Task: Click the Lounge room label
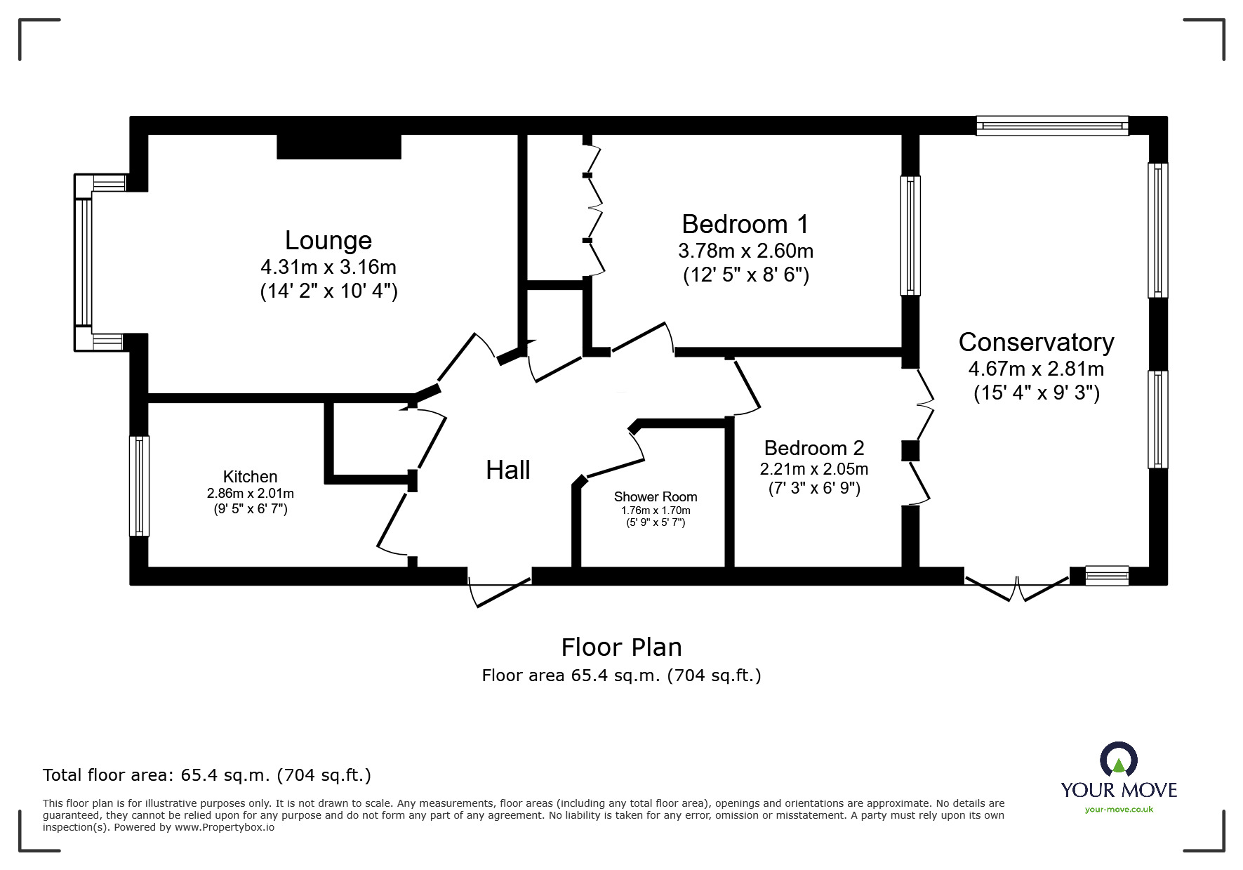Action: pyautogui.click(x=328, y=241)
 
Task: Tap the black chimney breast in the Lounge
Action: pyautogui.click(x=338, y=146)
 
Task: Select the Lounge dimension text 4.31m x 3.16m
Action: pyautogui.click(x=328, y=268)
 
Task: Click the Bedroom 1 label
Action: pyautogui.click(x=745, y=225)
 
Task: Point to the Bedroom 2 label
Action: pyautogui.click(x=813, y=448)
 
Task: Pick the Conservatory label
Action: pyautogui.click(x=1036, y=343)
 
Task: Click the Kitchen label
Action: pyautogui.click(x=250, y=477)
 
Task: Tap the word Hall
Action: pyautogui.click(x=507, y=470)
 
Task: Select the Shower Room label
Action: pyautogui.click(x=655, y=497)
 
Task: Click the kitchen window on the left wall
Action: pyautogui.click(x=139, y=486)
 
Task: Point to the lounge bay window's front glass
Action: pyautogui.click(x=84, y=263)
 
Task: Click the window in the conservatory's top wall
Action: pyautogui.click(x=1051, y=126)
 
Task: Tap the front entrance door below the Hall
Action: pyautogui.click(x=500, y=590)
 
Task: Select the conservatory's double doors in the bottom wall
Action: pyautogui.click(x=1016, y=587)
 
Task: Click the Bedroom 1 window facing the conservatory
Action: pyautogui.click(x=910, y=235)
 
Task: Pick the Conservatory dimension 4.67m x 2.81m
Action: pyautogui.click(x=1036, y=369)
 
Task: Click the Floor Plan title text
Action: pyautogui.click(x=621, y=647)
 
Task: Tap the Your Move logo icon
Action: pyautogui.click(x=1118, y=760)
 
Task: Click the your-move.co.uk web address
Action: pyautogui.click(x=1119, y=810)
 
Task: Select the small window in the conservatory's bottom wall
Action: pyautogui.click(x=1106, y=576)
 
